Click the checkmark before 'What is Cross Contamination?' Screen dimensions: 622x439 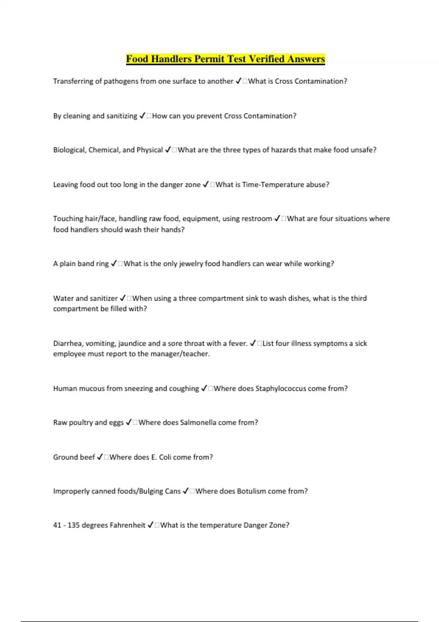coord(238,81)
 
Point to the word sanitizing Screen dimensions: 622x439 coord(121,116)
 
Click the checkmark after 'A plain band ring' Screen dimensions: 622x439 coord(114,264)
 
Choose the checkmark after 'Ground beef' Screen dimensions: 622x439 coord(100,457)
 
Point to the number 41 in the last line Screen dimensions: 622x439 coord(57,525)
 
